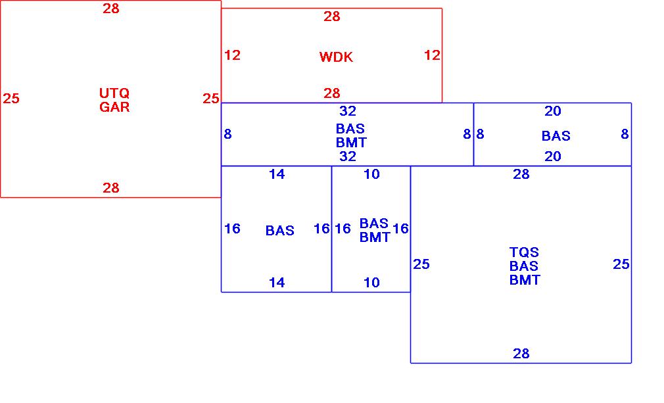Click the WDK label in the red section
click(x=336, y=57)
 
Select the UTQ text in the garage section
click(x=114, y=93)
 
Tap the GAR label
click(x=114, y=107)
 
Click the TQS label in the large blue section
click(x=524, y=252)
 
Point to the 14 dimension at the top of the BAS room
click(x=277, y=174)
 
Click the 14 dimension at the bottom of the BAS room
click(x=277, y=283)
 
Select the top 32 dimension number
click(x=348, y=111)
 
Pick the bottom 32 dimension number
click(x=348, y=156)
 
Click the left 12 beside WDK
click(x=232, y=55)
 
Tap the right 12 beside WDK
click(x=432, y=55)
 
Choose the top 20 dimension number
click(x=553, y=111)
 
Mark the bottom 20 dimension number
click(x=553, y=156)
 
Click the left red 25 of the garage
click(x=11, y=99)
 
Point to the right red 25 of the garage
click(x=210, y=99)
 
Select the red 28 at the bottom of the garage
click(x=111, y=188)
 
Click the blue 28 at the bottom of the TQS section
click(x=521, y=354)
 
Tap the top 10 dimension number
click(x=371, y=174)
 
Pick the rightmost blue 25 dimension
click(x=621, y=264)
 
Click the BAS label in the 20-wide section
click(x=556, y=136)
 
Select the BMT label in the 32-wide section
click(x=351, y=142)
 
